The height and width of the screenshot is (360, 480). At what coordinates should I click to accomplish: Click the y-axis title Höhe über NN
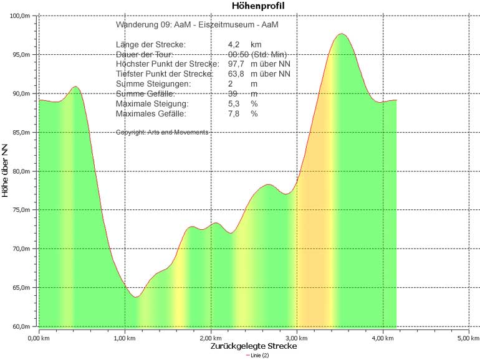(6, 171)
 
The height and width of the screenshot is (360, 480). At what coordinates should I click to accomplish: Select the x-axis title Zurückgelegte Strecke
(253, 346)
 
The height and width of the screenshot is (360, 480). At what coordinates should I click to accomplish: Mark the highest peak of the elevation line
(341, 34)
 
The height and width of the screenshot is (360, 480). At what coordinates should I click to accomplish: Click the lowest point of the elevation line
(135, 297)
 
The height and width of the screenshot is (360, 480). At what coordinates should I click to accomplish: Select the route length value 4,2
(234, 45)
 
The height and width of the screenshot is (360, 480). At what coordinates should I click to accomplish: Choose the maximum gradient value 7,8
(234, 114)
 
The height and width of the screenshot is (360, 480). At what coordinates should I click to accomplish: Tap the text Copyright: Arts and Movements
(162, 132)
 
